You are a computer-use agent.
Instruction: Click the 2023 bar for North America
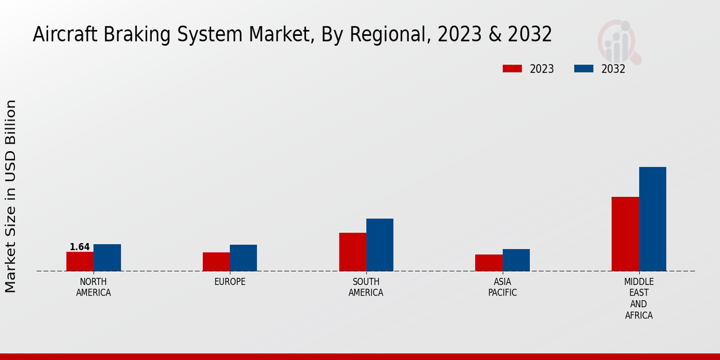80,262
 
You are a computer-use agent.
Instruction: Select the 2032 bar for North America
107,257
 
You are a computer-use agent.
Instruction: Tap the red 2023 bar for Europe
216,262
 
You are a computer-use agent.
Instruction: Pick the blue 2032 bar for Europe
243,258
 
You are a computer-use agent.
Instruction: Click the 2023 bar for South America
352,252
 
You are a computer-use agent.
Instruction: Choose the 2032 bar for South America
380,245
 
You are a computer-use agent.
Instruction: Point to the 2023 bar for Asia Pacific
488,263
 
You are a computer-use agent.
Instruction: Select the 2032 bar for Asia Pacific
516,260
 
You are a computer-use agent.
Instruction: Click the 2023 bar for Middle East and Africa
625,234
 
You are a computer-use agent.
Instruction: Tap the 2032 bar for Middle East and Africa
652,219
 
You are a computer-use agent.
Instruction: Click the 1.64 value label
80,247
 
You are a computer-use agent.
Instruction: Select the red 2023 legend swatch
512,68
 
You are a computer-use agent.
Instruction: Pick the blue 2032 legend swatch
583,68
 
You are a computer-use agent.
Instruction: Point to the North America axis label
93,287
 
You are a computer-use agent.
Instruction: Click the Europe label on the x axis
230,282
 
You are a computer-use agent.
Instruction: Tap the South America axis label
366,287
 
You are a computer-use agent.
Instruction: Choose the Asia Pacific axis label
502,287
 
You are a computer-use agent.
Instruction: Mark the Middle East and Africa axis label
638,298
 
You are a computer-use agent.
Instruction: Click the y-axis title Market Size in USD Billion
11,196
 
